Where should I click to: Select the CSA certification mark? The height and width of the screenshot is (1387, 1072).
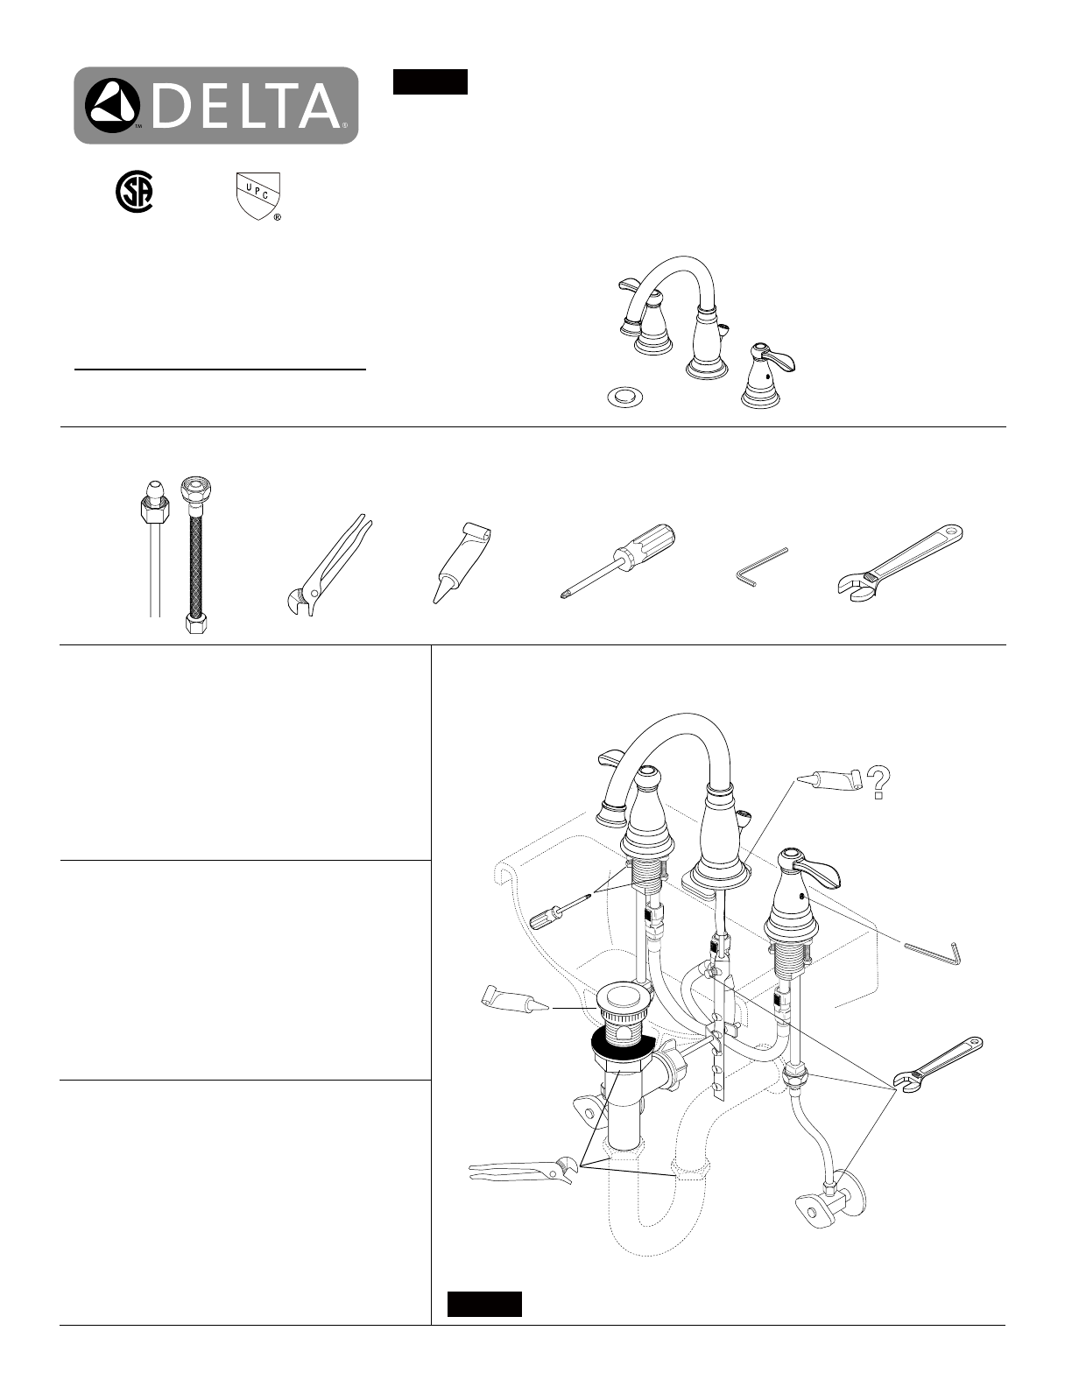pos(133,193)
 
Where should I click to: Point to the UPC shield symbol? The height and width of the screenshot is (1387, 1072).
pos(258,196)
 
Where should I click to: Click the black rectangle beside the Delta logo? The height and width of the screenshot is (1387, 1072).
pos(430,81)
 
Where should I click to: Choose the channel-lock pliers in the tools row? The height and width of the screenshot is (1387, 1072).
pos(327,565)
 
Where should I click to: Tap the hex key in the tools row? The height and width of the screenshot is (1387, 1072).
pos(760,565)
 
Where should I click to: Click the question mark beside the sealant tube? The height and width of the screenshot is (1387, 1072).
pos(879,783)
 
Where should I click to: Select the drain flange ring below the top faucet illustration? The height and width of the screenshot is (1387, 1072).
pos(624,397)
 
